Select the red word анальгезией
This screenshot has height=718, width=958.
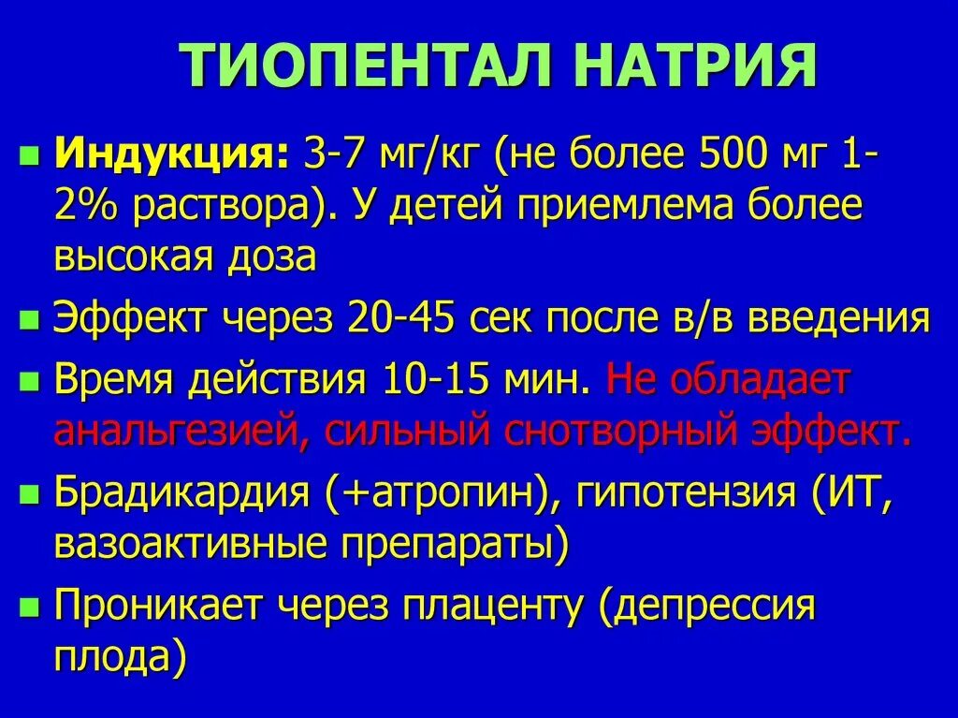(x=171, y=432)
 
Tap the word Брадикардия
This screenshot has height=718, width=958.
(x=181, y=493)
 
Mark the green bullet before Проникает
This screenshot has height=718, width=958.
(x=31, y=608)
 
